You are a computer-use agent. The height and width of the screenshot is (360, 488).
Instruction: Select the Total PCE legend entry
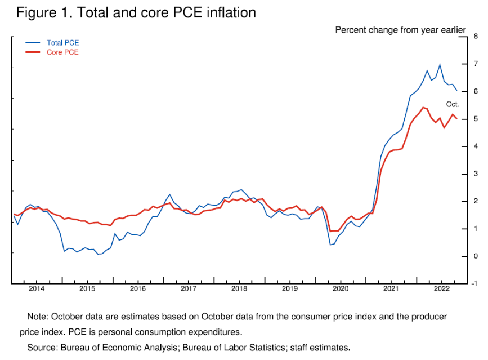(62, 42)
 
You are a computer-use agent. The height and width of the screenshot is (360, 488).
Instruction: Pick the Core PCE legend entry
(62, 52)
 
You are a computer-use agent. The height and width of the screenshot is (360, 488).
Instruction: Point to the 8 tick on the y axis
(476, 37)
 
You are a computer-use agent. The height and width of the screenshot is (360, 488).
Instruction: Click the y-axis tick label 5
(476, 119)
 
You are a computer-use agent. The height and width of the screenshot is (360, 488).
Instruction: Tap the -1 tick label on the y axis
(475, 284)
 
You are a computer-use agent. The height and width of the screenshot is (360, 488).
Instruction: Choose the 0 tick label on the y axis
(476, 256)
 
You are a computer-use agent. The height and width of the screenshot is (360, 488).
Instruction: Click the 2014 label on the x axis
(37, 290)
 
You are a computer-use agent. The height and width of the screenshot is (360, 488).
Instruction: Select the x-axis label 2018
(239, 290)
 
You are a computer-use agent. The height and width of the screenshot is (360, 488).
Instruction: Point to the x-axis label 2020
(341, 290)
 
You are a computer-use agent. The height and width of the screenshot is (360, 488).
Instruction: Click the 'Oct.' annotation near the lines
(453, 104)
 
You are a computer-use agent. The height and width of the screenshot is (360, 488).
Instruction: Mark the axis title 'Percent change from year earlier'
(400, 29)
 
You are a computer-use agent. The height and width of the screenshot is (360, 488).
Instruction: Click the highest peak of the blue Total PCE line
(440, 65)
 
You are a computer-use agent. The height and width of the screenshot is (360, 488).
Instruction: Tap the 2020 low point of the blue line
(330, 245)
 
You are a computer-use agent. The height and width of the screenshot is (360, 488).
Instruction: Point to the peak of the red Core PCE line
(423, 107)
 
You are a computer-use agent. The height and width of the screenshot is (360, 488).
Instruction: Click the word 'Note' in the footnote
(37, 317)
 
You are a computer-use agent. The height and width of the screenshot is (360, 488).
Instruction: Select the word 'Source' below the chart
(41, 348)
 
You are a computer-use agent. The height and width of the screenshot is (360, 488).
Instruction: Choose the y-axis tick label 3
(476, 174)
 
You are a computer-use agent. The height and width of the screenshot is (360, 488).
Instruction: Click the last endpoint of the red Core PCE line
(456, 118)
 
